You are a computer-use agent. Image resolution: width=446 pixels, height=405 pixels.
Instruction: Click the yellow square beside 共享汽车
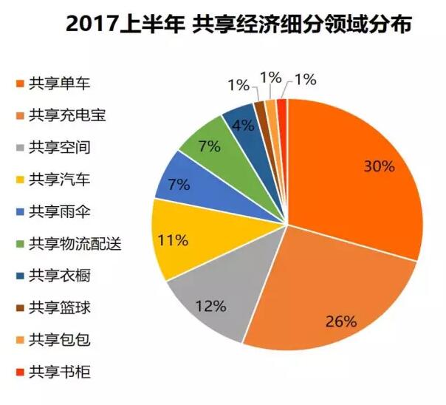[17, 180]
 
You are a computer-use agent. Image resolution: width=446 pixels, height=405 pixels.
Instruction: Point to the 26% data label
[342, 321]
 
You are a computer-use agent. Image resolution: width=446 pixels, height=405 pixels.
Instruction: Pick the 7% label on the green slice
[209, 145]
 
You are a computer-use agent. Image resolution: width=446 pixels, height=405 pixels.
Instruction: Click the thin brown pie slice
[259, 110]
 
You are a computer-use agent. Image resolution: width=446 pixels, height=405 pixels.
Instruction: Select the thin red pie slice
[282, 107]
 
